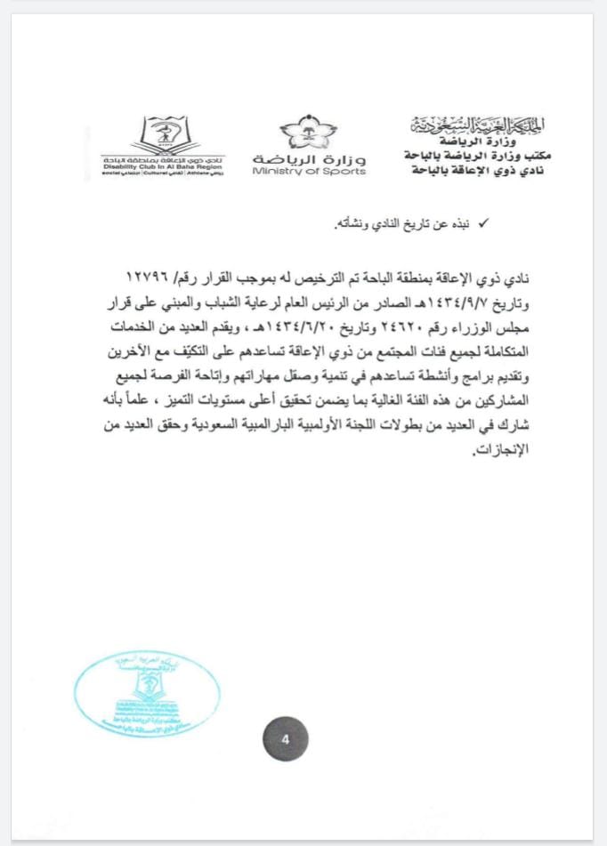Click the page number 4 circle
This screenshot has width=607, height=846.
[x=284, y=739]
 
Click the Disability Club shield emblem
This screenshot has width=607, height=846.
[x=165, y=135]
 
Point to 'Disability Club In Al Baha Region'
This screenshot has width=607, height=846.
[x=164, y=165]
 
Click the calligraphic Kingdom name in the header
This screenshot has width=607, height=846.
[x=481, y=124]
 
